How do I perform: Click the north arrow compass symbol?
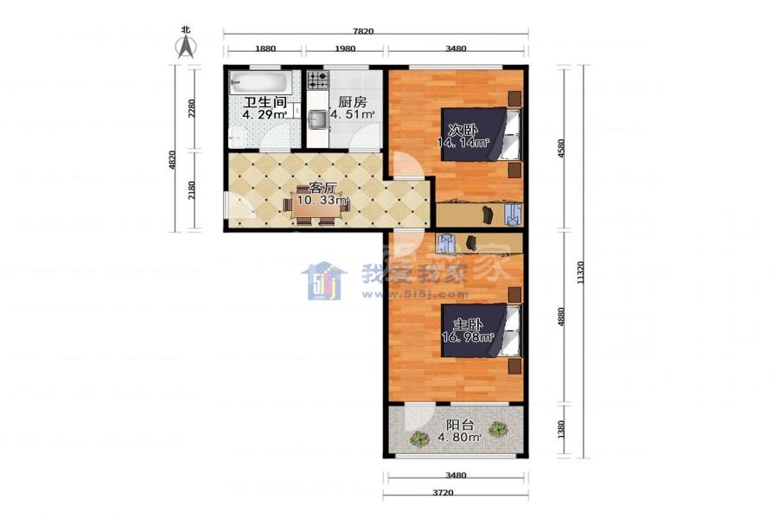pos(187,48)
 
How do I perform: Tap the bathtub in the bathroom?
pos(252,82)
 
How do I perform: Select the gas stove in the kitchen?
pos(318,80)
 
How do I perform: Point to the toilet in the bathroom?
pos(238,136)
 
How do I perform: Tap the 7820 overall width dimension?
pos(363,31)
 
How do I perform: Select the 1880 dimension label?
pos(265,48)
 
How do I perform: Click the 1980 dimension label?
pos(345,48)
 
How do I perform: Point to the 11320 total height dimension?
pos(581,272)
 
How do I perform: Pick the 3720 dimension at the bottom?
pos(443,493)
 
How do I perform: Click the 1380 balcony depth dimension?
pos(561,430)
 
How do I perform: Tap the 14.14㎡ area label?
pos(463,143)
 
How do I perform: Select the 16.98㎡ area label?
pos(468,337)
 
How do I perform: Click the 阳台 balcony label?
pos(460,425)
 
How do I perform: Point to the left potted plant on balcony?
pos(420,439)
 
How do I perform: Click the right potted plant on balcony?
pos(498,429)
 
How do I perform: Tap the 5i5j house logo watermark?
pos(324,280)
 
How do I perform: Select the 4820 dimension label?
pos(172,160)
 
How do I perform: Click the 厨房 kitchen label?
pos(353,102)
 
